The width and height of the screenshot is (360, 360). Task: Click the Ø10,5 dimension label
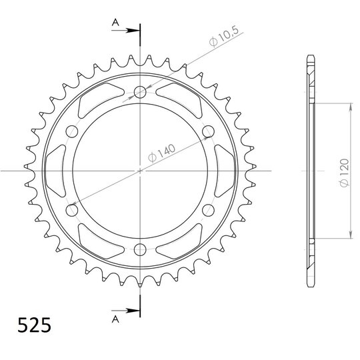[224, 36]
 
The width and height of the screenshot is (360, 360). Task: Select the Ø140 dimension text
[161, 153]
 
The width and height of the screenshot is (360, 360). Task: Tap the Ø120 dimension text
[345, 172]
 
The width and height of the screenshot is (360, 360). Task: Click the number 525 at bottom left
[34, 325]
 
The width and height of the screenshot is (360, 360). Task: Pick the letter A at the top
[115, 23]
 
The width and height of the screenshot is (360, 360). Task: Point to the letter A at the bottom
[115, 319]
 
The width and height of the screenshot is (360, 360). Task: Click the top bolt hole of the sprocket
[140, 92]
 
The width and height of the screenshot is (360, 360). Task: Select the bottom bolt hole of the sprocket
[140, 250]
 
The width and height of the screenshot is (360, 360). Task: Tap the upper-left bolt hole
[71, 131]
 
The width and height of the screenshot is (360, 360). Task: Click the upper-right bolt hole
[208, 131]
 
